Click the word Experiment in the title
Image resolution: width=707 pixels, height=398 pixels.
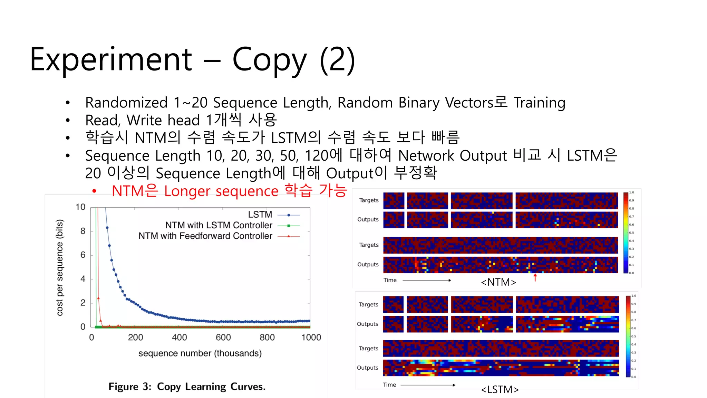pyautogui.click(x=110, y=59)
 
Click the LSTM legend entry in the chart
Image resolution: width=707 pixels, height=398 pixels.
pyautogui.click(x=260, y=215)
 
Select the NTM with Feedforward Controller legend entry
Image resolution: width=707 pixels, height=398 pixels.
pyautogui.click(x=205, y=236)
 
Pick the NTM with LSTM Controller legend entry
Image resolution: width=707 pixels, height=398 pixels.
pyautogui.click(x=219, y=225)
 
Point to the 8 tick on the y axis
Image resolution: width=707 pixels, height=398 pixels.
pyautogui.click(x=83, y=231)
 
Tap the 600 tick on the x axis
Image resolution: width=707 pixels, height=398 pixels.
pyautogui.click(x=223, y=337)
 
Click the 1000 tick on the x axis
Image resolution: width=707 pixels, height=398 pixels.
pyautogui.click(x=311, y=337)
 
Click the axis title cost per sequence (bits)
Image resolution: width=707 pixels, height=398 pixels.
pyautogui.click(x=60, y=268)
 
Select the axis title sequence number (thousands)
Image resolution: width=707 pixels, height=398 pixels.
pyautogui.click(x=200, y=353)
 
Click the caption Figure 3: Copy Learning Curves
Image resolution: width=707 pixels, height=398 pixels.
pyautogui.click(x=187, y=387)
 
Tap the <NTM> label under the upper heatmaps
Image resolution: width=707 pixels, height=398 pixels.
pyautogui.click(x=498, y=282)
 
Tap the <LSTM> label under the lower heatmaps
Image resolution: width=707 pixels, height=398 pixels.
pyautogui.click(x=500, y=390)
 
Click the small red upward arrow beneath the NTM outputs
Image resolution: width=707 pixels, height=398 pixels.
pyautogui.click(x=535, y=277)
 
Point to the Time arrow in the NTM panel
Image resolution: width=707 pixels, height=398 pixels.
pyautogui.click(x=427, y=280)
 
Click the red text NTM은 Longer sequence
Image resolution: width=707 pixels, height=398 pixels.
pyautogui.click(x=195, y=191)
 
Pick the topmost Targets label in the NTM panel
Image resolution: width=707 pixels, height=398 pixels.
pyautogui.click(x=369, y=200)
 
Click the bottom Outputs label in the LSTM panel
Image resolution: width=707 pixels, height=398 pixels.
pyautogui.click(x=368, y=368)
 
